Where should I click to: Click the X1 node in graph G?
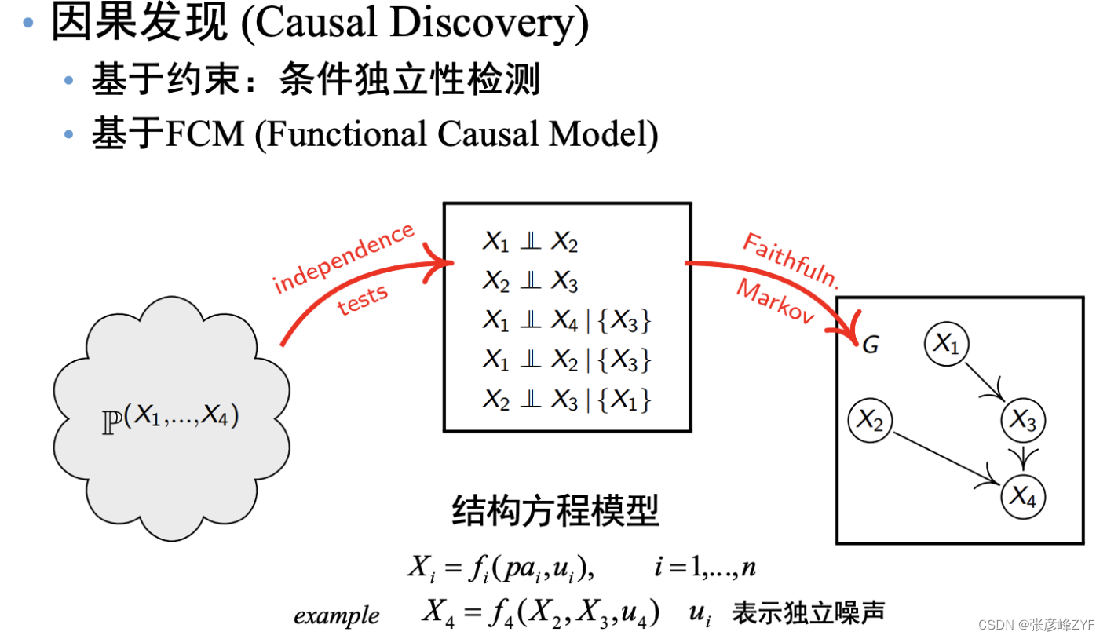point(946,344)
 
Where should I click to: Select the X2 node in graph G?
point(870,420)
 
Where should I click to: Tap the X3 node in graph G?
point(1022,420)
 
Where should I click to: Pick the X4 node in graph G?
point(1022,496)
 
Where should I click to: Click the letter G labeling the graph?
point(870,345)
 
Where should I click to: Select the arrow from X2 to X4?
point(946,458)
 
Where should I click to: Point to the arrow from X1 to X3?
point(985,382)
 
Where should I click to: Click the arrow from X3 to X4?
point(1023,458)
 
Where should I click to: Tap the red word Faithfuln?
point(791,261)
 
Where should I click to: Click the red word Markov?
point(775,301)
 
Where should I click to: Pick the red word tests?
point(362,300)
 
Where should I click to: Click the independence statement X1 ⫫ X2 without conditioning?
point(530,242)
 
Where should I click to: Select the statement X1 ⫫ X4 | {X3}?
point(566,321)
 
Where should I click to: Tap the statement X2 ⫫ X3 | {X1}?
point(566,400)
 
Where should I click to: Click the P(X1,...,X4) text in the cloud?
point(170,418)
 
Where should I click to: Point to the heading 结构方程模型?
point(555,511)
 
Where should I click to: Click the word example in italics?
point(337,615)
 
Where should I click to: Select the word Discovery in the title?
point(482,23)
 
